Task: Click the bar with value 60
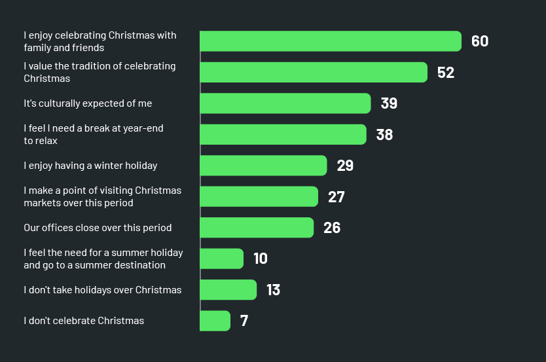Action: [x=331, y=41]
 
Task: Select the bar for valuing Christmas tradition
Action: [x=314, y=72]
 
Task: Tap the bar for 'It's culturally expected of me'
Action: [x=285, y=103]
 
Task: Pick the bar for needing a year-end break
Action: [x=283, y=134]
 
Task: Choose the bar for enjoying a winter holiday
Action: [x=263, y=166]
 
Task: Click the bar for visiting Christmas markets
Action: [x=259, y=196]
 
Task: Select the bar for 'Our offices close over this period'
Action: [x=257, y=228]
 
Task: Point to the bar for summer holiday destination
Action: [x=222, y=259]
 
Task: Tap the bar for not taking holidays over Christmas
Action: [x=228, y=289]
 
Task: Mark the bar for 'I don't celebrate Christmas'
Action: [x=215, y=321]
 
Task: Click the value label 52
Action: [x=446, y=73]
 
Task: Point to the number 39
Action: [x=389, y=103]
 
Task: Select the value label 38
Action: [x=384, y=135]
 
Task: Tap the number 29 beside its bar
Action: [x=345, y=166]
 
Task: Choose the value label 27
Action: [x=337, y=197]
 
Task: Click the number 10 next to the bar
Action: [x=261, y=259]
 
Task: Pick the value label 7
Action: [x=244, y=321]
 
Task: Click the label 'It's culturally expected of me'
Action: [x=88, y=103]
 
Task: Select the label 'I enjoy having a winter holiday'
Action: [x=90, y=166]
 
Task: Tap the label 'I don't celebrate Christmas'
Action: [x=84, y=321]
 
